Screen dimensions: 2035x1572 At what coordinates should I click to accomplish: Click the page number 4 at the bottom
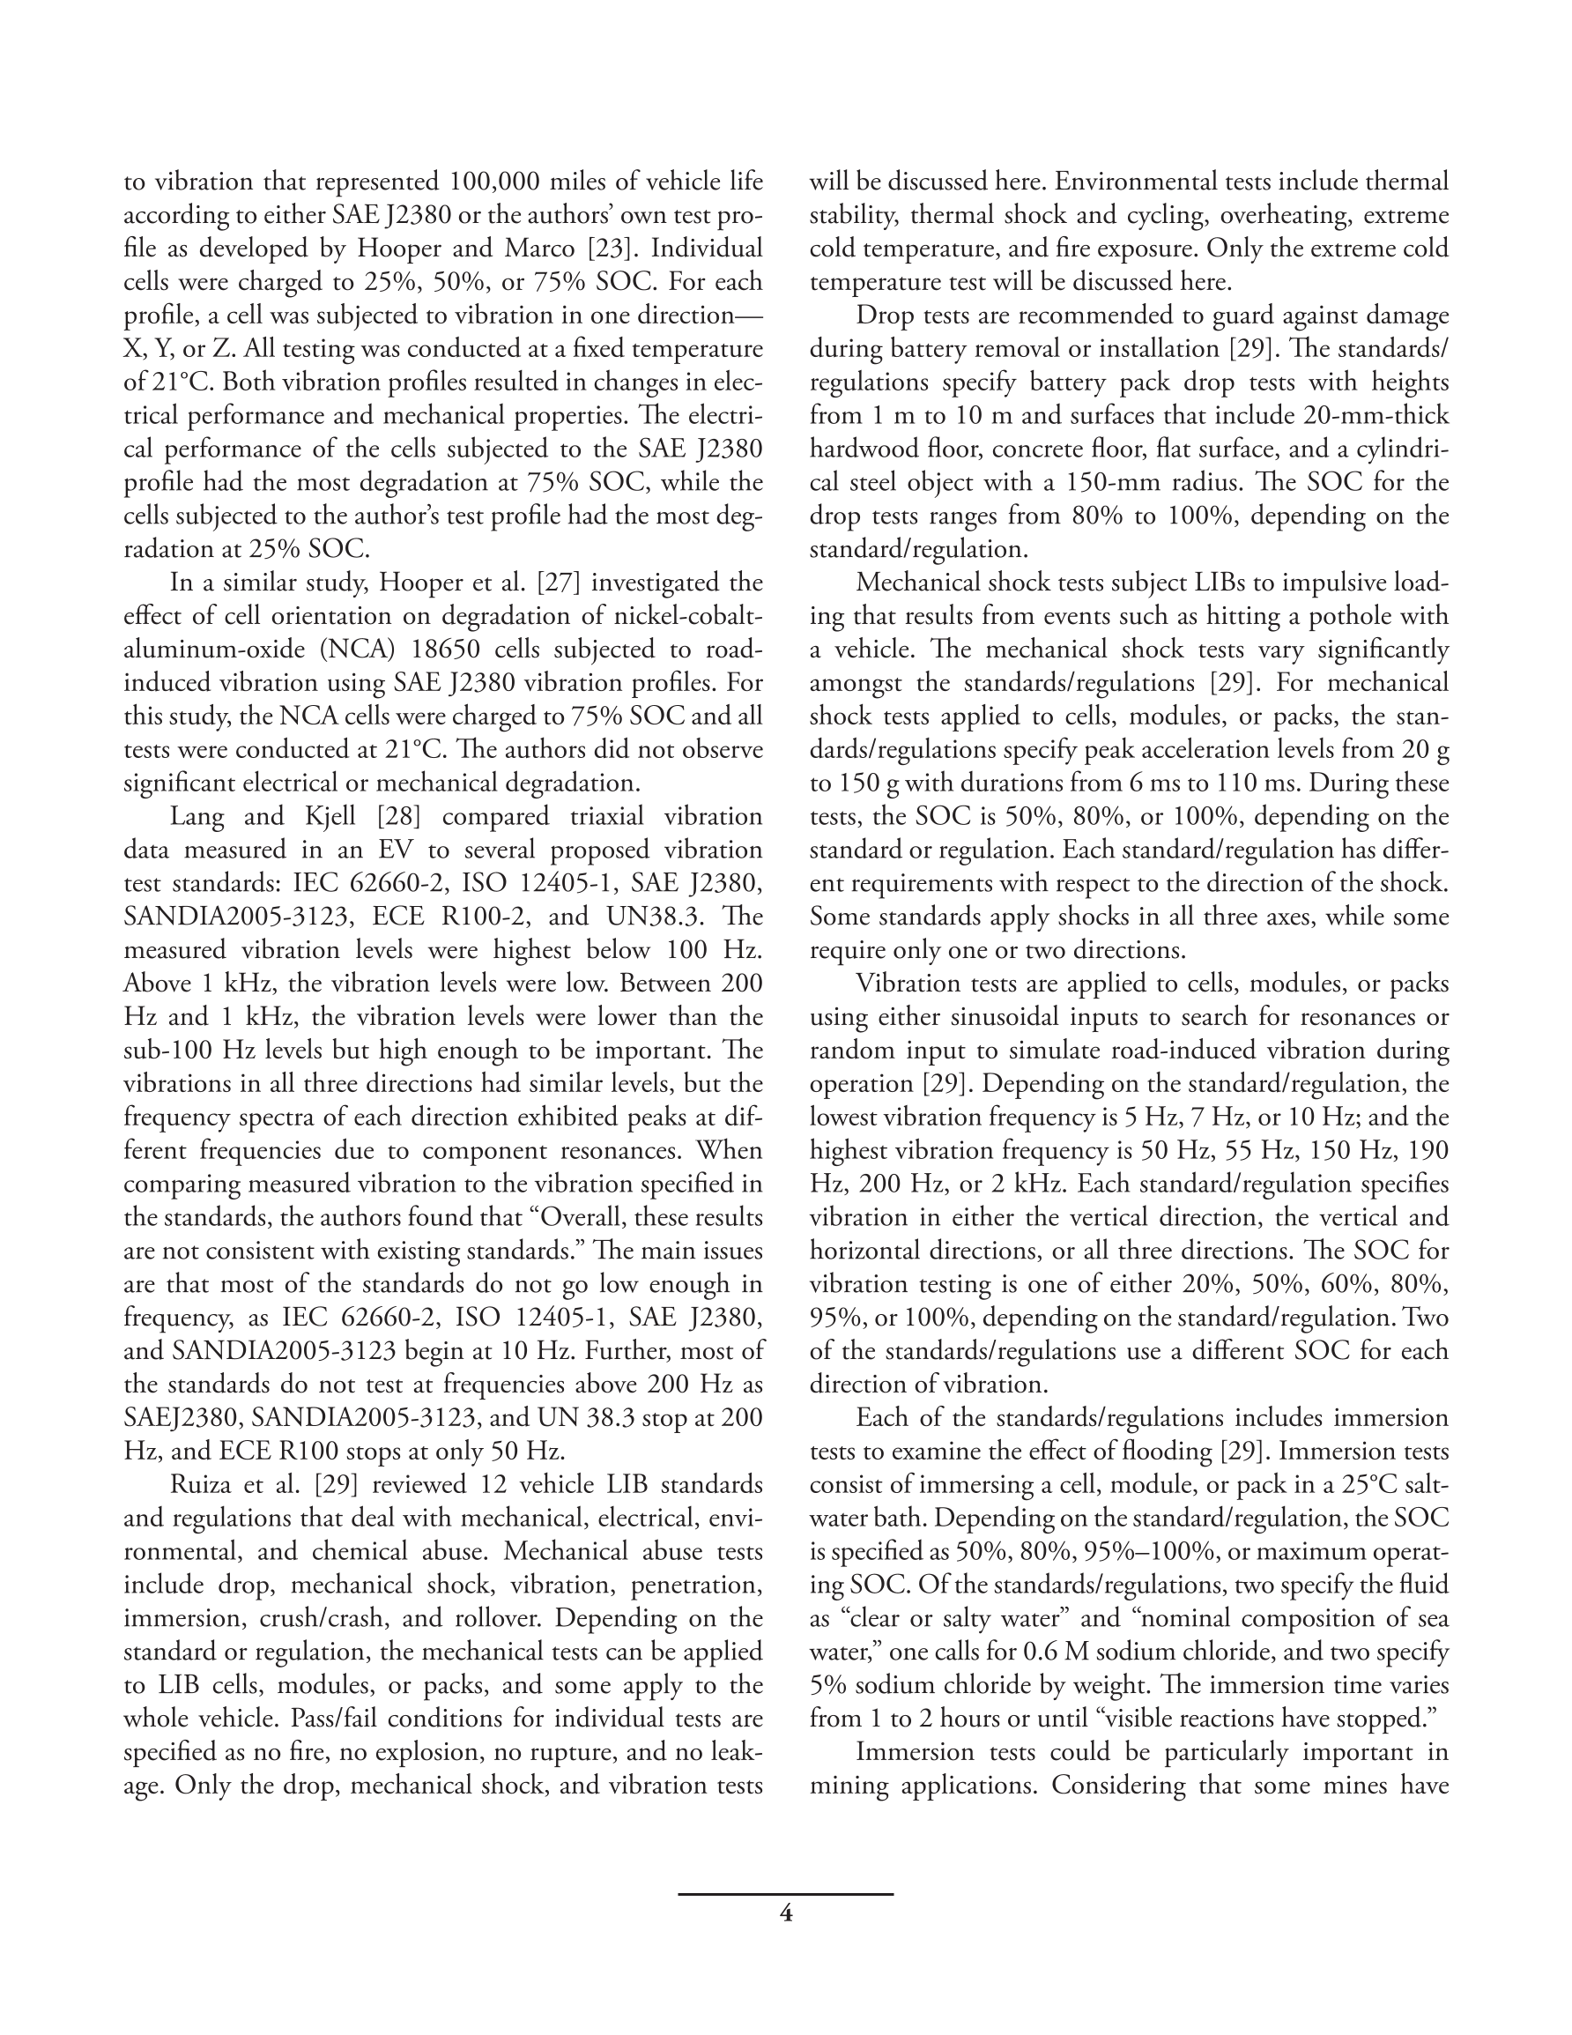point(785,1914)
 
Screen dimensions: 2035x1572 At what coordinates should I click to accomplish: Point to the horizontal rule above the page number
point(785,1893)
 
